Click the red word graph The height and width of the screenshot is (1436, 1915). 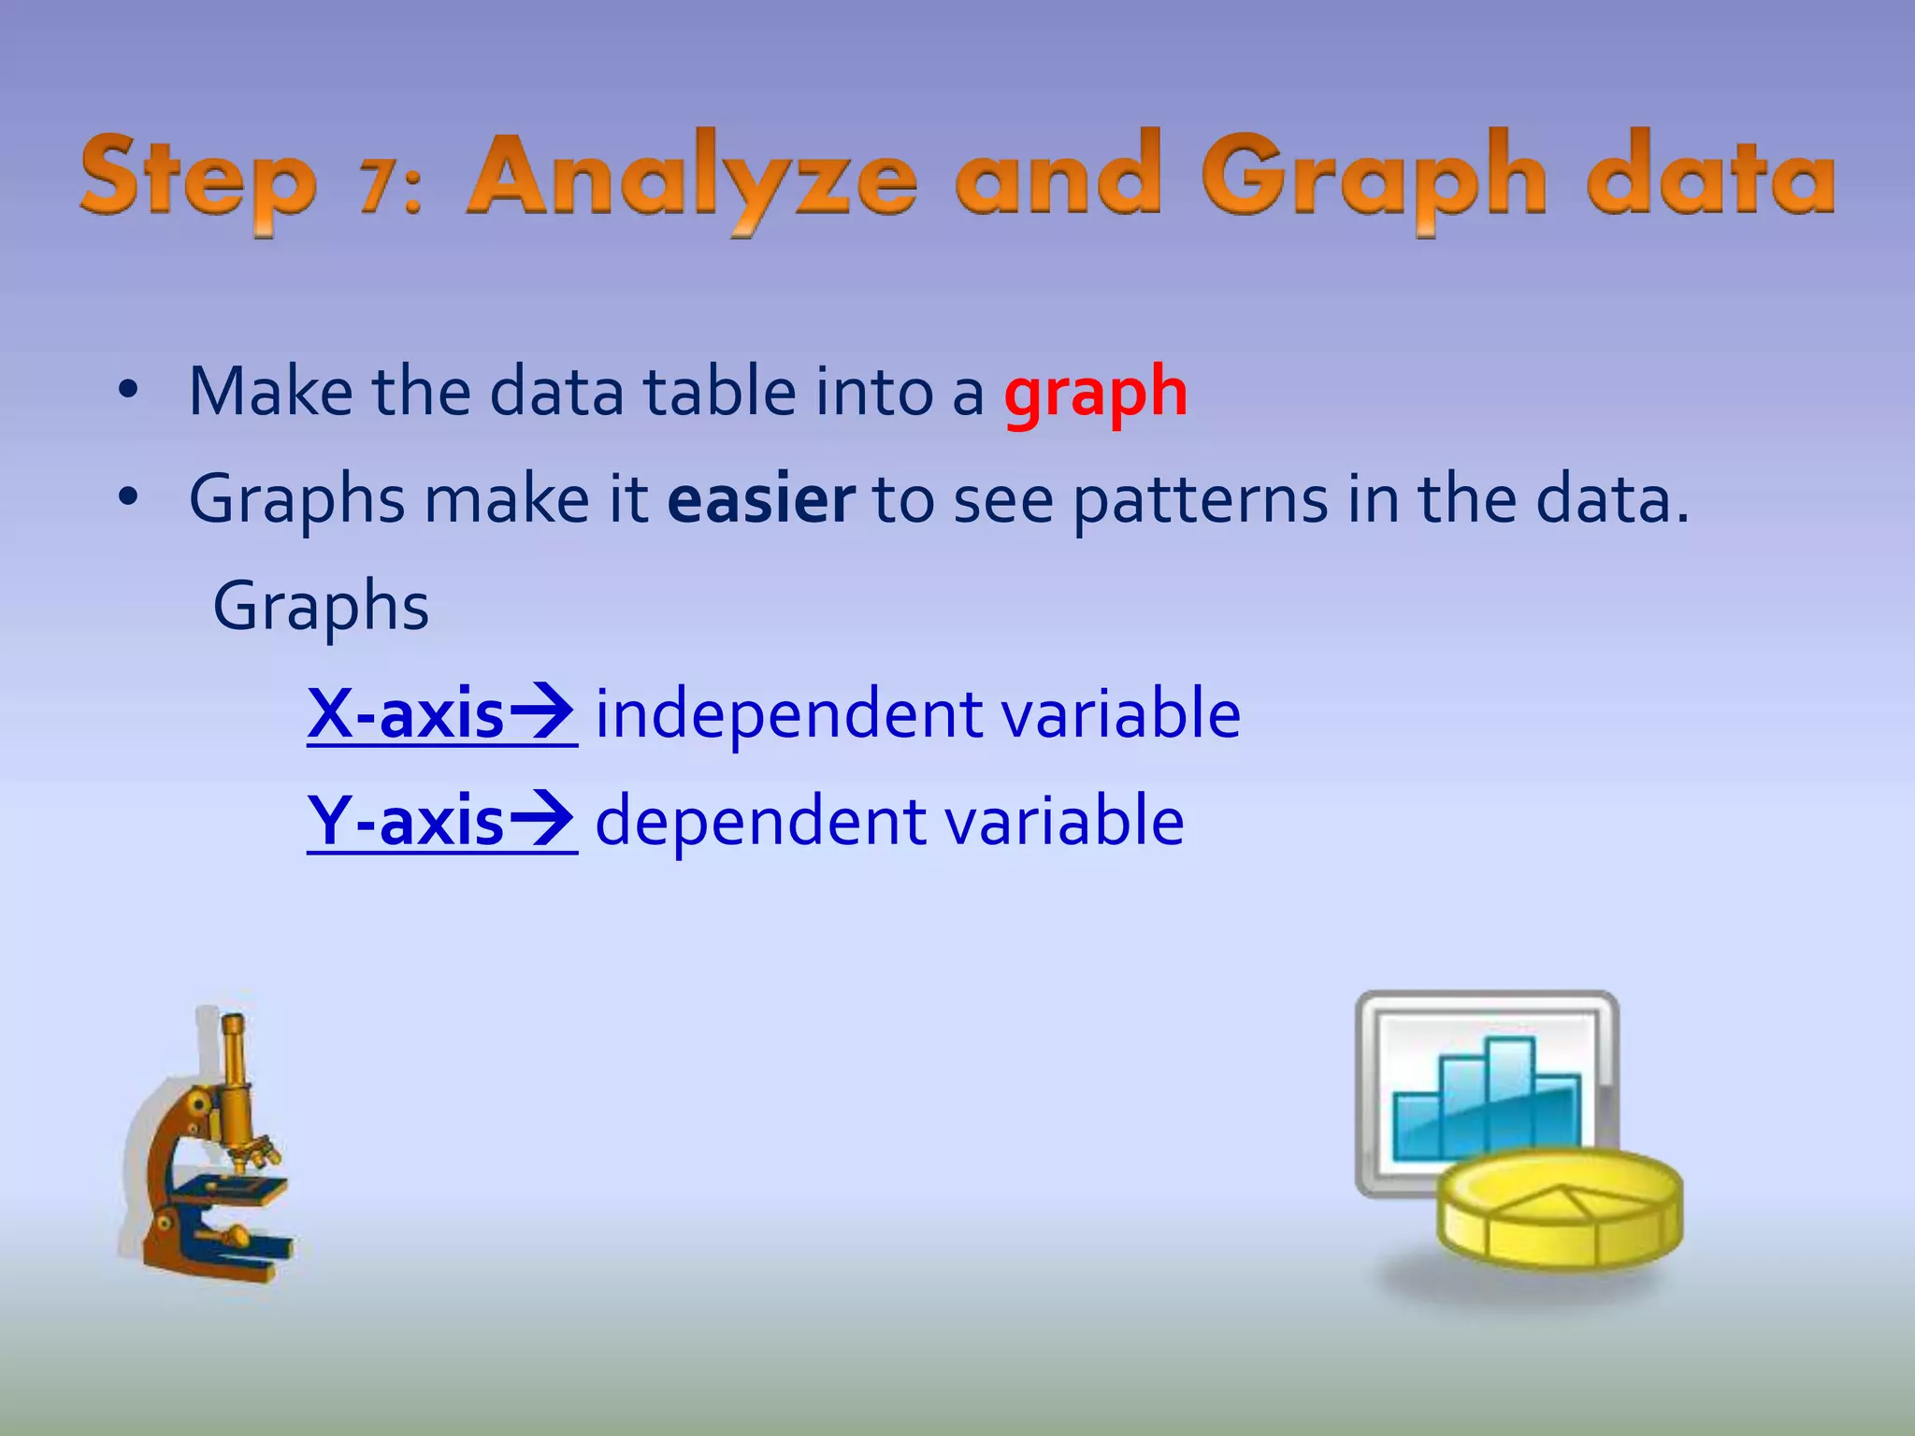point(1095,394)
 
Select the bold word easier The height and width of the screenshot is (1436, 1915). point(761,499)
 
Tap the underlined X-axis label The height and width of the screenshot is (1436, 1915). point(406,714)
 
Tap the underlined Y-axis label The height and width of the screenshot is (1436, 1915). point(406,821)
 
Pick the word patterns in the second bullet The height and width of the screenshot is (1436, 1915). point(1200,501)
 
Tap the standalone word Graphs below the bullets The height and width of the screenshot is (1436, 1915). point(321,608)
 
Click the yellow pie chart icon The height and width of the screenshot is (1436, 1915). point(1559,1210)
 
